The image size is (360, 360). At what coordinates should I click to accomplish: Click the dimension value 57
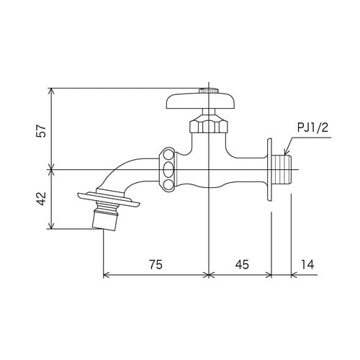point(41,131)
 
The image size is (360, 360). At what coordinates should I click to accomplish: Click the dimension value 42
point(41,199)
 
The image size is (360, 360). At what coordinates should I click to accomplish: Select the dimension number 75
point(156,264)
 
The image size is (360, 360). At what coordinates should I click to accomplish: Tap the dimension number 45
point(242,264)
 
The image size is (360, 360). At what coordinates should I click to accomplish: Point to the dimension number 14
point(307,264)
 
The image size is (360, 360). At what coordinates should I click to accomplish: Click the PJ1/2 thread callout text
point(312,127)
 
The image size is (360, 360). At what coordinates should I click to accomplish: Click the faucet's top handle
point(200,102)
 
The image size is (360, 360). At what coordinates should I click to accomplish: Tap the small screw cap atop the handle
point(209,91)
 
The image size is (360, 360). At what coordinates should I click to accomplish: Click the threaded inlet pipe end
point(282,170)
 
